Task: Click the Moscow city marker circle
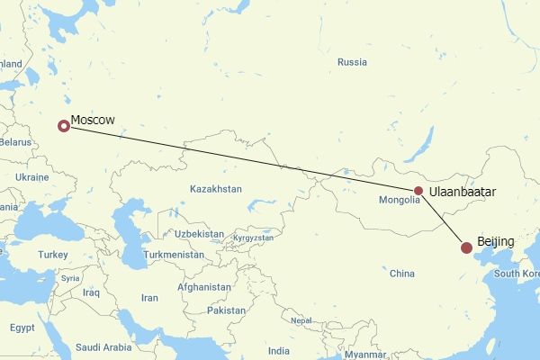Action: (x=63, y=126)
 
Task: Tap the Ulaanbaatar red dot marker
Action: (x=418, y=191)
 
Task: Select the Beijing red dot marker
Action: (x=466, y=247)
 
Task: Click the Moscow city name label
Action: (x=93, y=120)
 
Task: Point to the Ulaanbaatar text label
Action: (x=463, y=192)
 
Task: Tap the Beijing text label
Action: (x=496, y=242)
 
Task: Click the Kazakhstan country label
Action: (x=216, y=189)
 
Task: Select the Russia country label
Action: (x=352, y=62)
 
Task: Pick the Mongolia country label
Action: (x=399, y=200)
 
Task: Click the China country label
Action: (x=401, y=273)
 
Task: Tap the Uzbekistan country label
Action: (x=200, y=233)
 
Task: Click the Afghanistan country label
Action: (x=204, y=287)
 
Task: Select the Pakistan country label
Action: (x=226, y=310)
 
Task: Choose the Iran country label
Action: (x=149, y=298)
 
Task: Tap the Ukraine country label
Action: (x=31, y=177)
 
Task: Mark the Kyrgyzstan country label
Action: (x=253, y=238)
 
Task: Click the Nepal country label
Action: (x=301, y=320)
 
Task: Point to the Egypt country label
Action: (x=22, y=328)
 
